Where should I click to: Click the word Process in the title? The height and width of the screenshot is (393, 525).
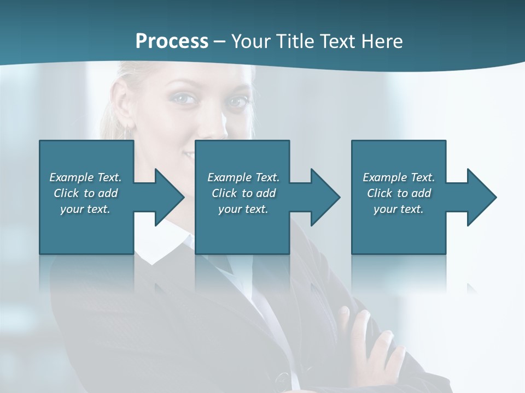(172, 41)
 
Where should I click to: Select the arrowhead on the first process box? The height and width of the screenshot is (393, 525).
(167, 197)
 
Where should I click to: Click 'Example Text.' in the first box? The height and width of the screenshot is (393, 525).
(86, 177)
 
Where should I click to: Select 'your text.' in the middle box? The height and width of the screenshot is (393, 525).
(243, 209)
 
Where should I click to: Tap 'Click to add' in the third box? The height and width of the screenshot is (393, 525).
(399, 193)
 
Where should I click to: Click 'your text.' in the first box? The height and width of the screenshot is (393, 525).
(86, 209)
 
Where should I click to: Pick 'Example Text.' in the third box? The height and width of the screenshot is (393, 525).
(399, 177)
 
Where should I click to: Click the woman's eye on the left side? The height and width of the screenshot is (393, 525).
(184, 98)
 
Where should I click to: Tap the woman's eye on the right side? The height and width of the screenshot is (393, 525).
(236, 102)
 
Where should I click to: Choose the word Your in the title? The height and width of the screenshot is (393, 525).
(250, 41)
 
